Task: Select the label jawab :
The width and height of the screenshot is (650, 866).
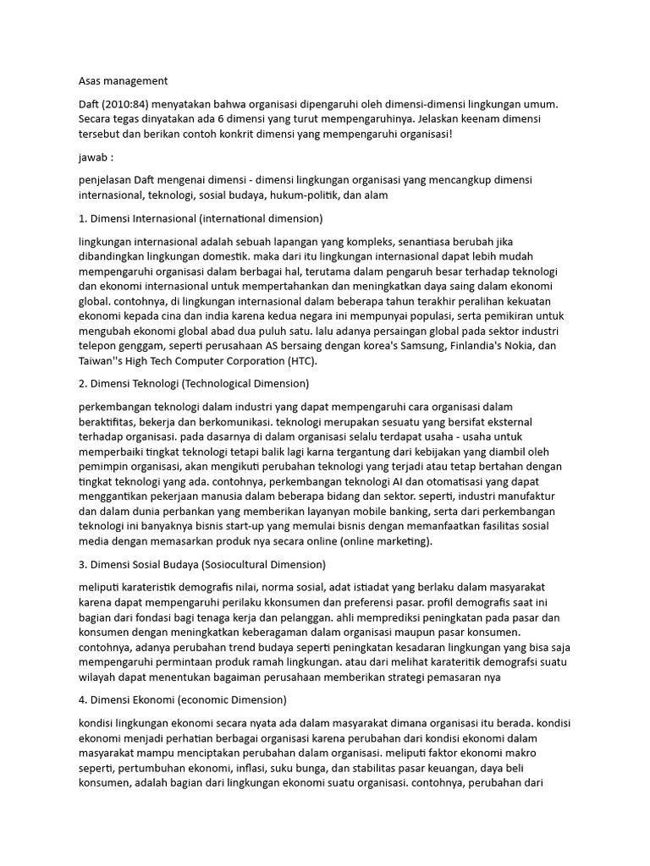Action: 94,157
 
